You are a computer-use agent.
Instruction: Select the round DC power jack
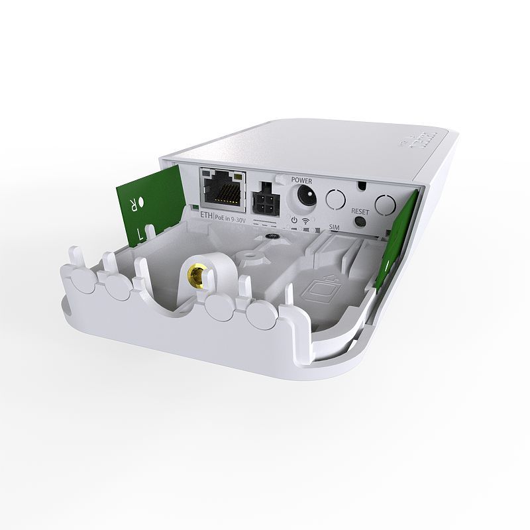pos(305,196)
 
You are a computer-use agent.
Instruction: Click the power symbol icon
pos(293,219)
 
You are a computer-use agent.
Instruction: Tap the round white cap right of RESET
pos(386,205)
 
